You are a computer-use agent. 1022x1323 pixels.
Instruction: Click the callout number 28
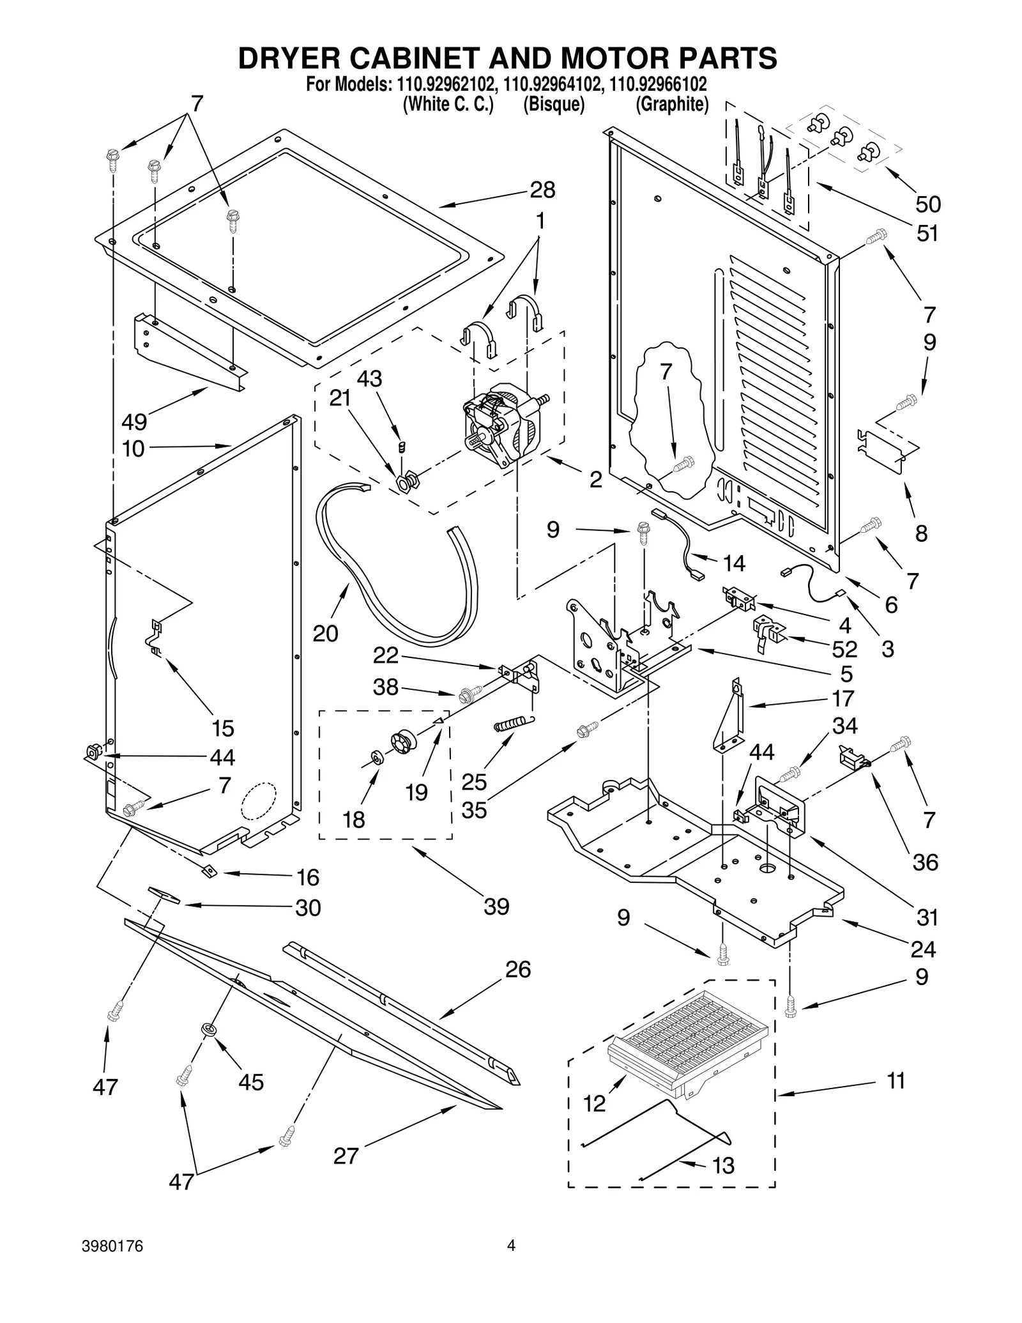coord(542,190)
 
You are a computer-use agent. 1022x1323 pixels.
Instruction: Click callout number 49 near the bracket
coord(134,422)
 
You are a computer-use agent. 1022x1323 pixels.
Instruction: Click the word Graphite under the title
coord(672,105)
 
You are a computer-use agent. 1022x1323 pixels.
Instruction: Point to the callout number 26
coord(518,969)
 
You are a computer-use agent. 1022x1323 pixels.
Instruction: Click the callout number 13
coord(723,1166)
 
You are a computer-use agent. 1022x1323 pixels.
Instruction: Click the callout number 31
coord(927,917)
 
